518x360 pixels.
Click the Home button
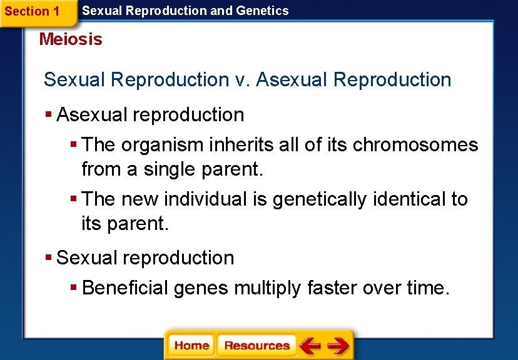click(x=191, y=346)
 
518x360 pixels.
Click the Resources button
click(x=256, y=346)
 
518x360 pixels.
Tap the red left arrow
click(x=310, y=346)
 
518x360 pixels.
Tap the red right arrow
click(x=338, y=346)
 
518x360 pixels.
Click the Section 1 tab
click(x=32, y=11)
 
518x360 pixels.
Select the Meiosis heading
click(x=70, y=39)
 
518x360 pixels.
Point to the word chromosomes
click(x=415, y=145)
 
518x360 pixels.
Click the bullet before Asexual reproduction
click(x=49, y=115)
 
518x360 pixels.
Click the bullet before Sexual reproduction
click(x=49, y=258)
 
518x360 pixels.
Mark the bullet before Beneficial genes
click(x=74, y=288)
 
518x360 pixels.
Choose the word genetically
click(x=320, y=199)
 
